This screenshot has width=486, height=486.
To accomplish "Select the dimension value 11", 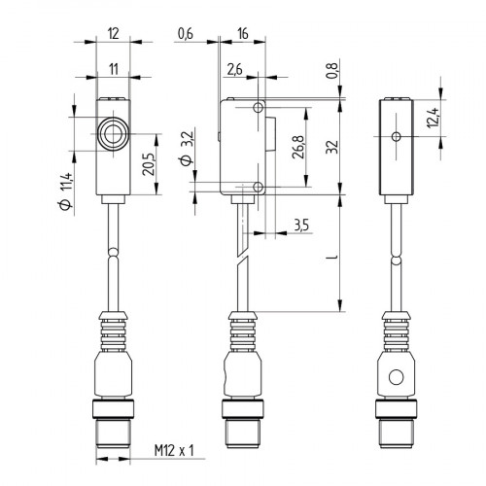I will click(115, 68).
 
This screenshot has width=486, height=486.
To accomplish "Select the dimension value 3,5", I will click(302, 226).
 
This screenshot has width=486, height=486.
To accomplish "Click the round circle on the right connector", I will click(395, 376).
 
